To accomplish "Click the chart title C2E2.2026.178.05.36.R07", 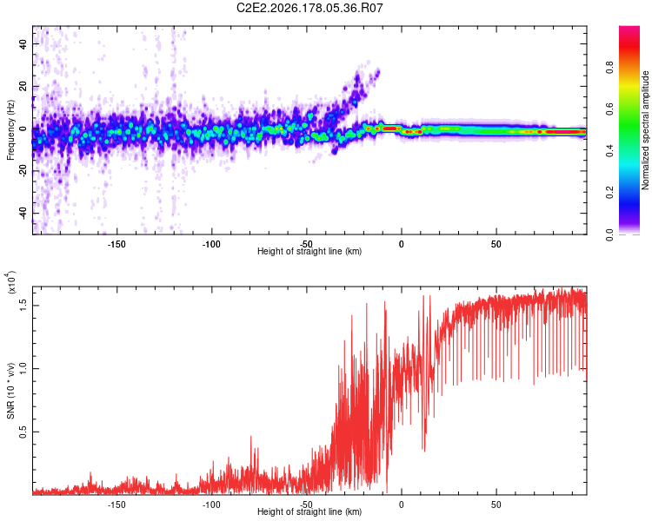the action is pyautogui.click(x=309, y=8).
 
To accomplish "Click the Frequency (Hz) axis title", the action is pyautogui.click(x=10, y=130).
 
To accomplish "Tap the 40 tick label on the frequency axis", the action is pyautogui.click(x=23, y=43).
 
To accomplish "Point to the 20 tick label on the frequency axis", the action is pyautogui.click(x=23, y=87).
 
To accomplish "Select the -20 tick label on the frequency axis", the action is pyautogui.click(x=23, y=170).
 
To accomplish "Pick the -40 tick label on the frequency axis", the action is pyautogui.click(x=23, y=213).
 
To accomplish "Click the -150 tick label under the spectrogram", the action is pyautogui.click(x=116, y=244).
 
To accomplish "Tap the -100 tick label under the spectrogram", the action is pyautogui.click(x=211, y=244).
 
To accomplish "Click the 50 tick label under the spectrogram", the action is pyautogui.click(x=496, y=244).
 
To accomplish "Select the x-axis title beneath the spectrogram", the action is pyautogui.click(x=309, y=251).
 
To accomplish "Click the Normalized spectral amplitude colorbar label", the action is pyautogui.click(x=645, y=130).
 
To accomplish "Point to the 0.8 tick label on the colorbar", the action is pyautogui.click(x=609, y=67).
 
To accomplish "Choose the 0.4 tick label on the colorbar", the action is pyautogui.click(x=609, y=151).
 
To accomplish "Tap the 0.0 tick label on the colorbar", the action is pyautogui.click(x=609, y=234).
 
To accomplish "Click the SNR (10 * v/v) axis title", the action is pyautogui.click(x=10, y=391).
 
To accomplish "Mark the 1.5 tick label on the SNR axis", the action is pyautogui.click(x=23, y=306).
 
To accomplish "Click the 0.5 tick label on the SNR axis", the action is pyautogui.click(x=23, y=432).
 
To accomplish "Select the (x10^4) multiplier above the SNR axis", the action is pyautogui.click(x=11, y=282).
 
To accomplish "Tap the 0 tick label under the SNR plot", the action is pyautogui.click(x=402, y=505).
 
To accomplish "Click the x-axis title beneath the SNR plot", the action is pyautogui.click(x=309, y=511).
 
